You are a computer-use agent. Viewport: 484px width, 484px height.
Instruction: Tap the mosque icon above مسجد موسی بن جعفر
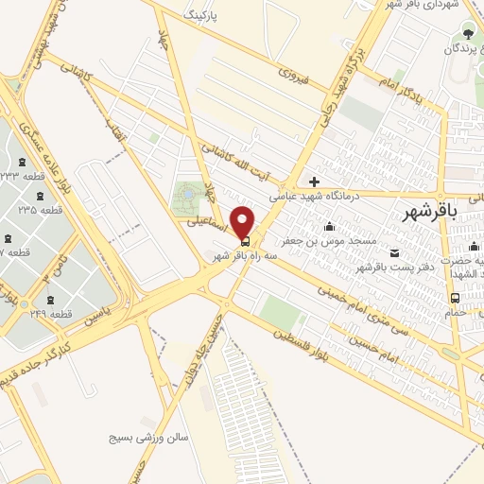329,226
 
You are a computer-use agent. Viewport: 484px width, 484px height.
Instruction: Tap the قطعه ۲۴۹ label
47,313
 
